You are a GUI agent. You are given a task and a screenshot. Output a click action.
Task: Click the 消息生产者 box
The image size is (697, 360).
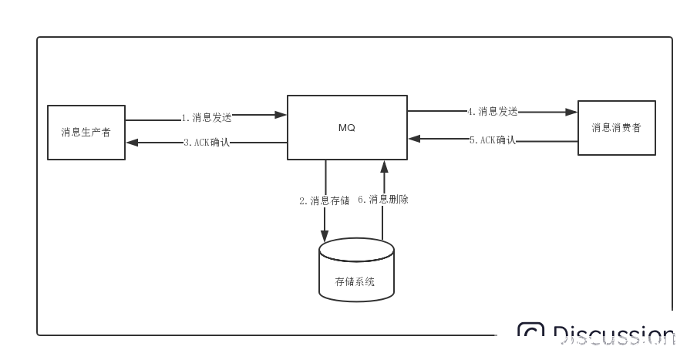point(86,132)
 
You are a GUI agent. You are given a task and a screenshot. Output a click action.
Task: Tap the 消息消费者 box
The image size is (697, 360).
point(617,128)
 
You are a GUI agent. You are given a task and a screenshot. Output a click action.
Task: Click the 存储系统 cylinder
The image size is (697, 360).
point(356,269)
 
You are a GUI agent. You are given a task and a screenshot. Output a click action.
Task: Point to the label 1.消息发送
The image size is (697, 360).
point(207,118)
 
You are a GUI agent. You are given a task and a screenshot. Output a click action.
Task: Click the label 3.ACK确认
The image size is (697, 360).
point(207,143)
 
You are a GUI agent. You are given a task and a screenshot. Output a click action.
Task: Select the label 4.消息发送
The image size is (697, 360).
point(492,111)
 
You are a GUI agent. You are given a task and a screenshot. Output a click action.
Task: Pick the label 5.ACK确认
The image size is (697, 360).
point(492,140)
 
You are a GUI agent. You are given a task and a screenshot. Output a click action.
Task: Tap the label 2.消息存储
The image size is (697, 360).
point(325,200)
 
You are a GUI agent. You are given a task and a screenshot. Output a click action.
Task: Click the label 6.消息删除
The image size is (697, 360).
point(383,200)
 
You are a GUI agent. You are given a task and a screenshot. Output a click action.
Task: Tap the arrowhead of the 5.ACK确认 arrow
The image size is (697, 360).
point(414,140)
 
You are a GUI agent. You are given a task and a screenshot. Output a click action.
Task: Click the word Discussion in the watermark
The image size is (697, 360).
point(614,336)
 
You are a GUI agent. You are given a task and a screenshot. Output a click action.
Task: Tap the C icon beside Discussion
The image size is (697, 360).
point(530,335)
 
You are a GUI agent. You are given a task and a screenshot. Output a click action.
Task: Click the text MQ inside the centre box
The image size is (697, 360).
point(347,127)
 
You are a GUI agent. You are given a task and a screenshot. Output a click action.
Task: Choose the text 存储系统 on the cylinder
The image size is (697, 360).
point(355,282)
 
